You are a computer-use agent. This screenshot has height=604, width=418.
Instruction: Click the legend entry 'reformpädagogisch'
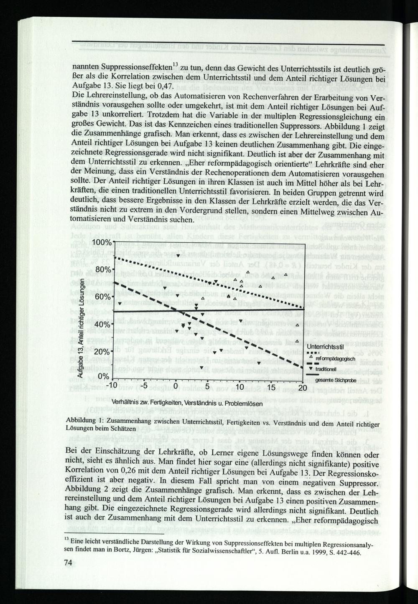(336, 359)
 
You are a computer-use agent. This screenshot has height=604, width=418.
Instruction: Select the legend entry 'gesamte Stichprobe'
(336, 381)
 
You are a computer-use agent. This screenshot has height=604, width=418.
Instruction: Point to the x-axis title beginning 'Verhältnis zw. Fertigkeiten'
(187, 403)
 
